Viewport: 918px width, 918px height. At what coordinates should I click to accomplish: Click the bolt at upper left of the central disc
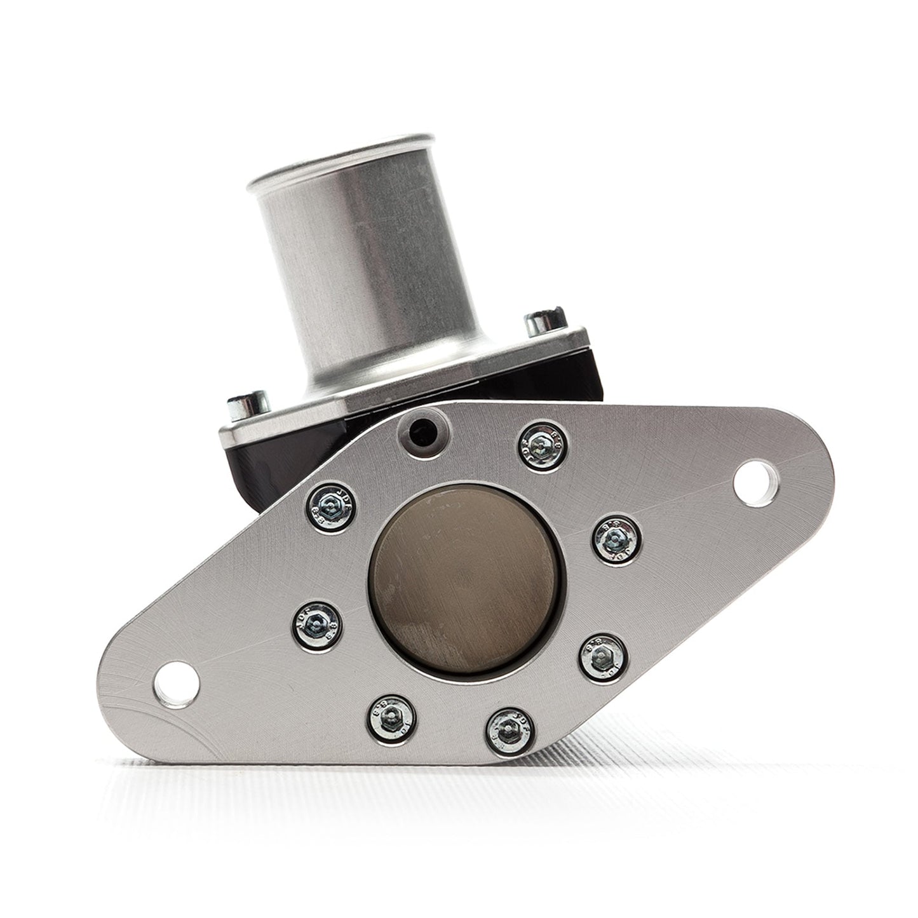pyautogui.click(x=333, y=507)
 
